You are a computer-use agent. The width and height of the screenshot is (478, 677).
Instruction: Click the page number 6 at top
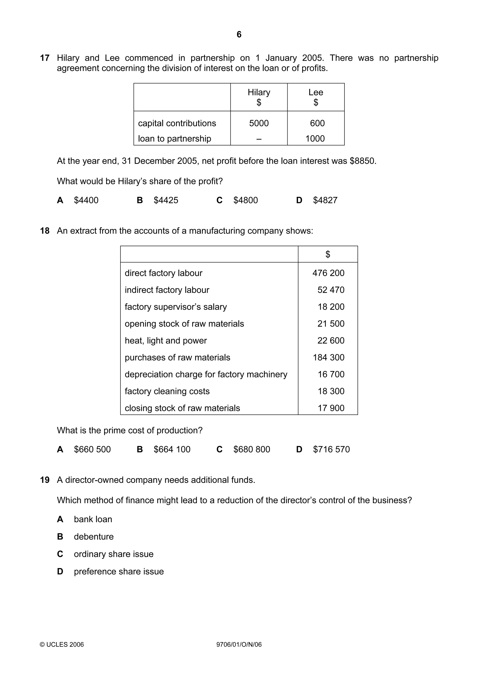pyautogui.click(x=239, y=35)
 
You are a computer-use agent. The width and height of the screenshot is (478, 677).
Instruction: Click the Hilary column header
pyautogui.click(x=259, y=92)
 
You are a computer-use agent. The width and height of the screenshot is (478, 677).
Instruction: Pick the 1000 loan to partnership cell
pyautogui.click(x=315, y=138)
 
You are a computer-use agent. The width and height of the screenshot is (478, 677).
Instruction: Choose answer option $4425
pyautogui.click(x=166, y=200)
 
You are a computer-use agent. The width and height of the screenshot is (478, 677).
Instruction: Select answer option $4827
pyautogui.click(x=325, y=200)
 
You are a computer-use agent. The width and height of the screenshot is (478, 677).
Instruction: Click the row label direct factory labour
pyautogui.click(x=163, y=273)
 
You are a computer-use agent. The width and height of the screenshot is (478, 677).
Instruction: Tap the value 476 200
pyautogui.click(x=328, y=273)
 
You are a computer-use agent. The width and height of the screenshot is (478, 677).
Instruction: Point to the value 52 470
pyautogui.click(x=331, y=290)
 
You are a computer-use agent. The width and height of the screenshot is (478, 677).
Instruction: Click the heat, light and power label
pyautogui.click(x=165, y=341)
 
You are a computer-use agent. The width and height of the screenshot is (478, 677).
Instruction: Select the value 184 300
pyautogui.click(x=328, y=357)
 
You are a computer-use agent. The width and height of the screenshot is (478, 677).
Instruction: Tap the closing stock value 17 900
pyautogui.click(x=331, y=408)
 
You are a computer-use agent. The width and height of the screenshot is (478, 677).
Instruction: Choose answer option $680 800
pyautogui.click(x=252, y=449)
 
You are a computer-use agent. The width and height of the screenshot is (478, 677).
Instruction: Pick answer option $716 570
pyautogui.click(x=331, y=449)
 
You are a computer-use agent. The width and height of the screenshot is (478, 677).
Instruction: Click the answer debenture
pyautogui.click(x=94, y=537)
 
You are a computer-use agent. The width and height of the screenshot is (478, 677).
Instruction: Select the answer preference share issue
pyautogui.click(x=119, y=571)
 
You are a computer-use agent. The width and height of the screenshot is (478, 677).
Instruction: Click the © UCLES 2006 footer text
pyautogui.click(x=62, y=645)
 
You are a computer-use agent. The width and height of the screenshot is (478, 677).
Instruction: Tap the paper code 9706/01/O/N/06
pyautogui.click(x=239, y=645)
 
